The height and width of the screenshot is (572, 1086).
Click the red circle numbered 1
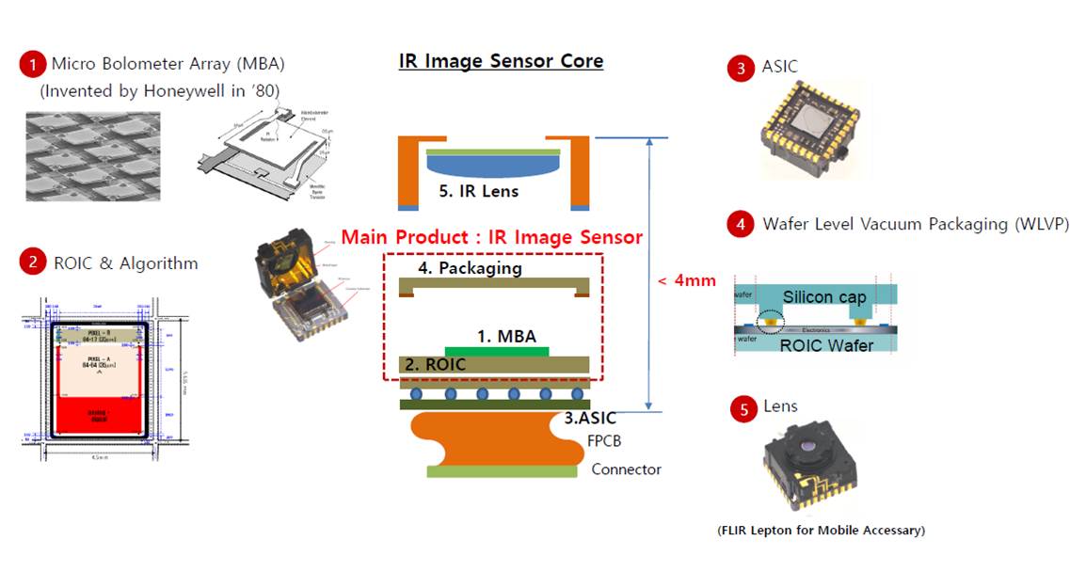(33, 65)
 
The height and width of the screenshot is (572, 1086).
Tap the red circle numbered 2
(33, 262)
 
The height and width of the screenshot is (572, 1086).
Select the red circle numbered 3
(741, 68)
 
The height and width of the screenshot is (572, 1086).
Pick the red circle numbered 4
(741, 225)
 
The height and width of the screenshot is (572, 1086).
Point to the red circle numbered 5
(743, 409)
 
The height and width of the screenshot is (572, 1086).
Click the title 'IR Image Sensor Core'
(501, 62)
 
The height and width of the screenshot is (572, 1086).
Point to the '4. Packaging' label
(468, 268)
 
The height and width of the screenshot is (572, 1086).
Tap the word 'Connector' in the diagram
(626, 469)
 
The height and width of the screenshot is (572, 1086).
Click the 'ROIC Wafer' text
(825, 344)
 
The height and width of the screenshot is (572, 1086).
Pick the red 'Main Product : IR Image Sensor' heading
(491, 237)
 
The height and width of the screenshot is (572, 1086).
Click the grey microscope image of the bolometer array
(92, 156)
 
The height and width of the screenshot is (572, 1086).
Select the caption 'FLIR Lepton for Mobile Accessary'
(821, 531)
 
